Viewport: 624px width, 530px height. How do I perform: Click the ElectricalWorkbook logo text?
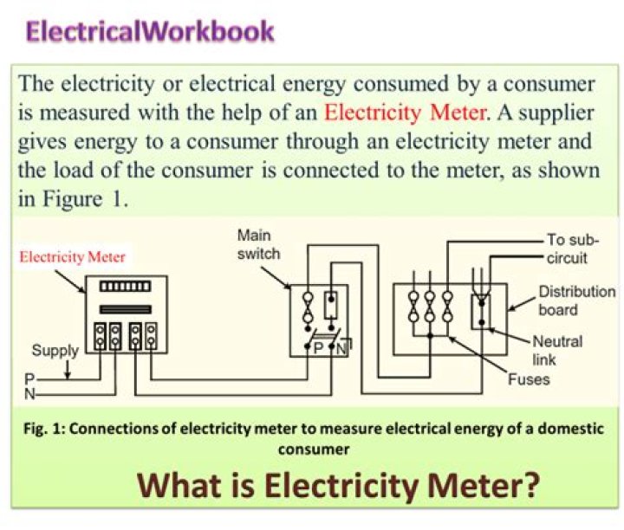(150, 32)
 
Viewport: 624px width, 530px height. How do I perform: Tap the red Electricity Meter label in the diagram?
(73, 256)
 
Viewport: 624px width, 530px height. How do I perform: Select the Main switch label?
(258, 244)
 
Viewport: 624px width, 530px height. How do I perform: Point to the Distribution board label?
(576, 301)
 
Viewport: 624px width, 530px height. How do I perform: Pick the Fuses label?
(529, 379)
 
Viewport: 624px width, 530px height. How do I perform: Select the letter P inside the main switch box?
(318, 348)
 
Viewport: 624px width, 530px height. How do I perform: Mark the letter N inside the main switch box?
(341, 348)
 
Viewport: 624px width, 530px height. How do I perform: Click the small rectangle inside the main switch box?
(329, 304)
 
